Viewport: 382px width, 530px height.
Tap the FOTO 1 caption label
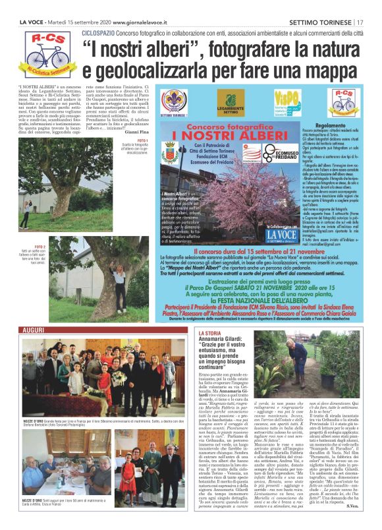(x=142, y=140)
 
